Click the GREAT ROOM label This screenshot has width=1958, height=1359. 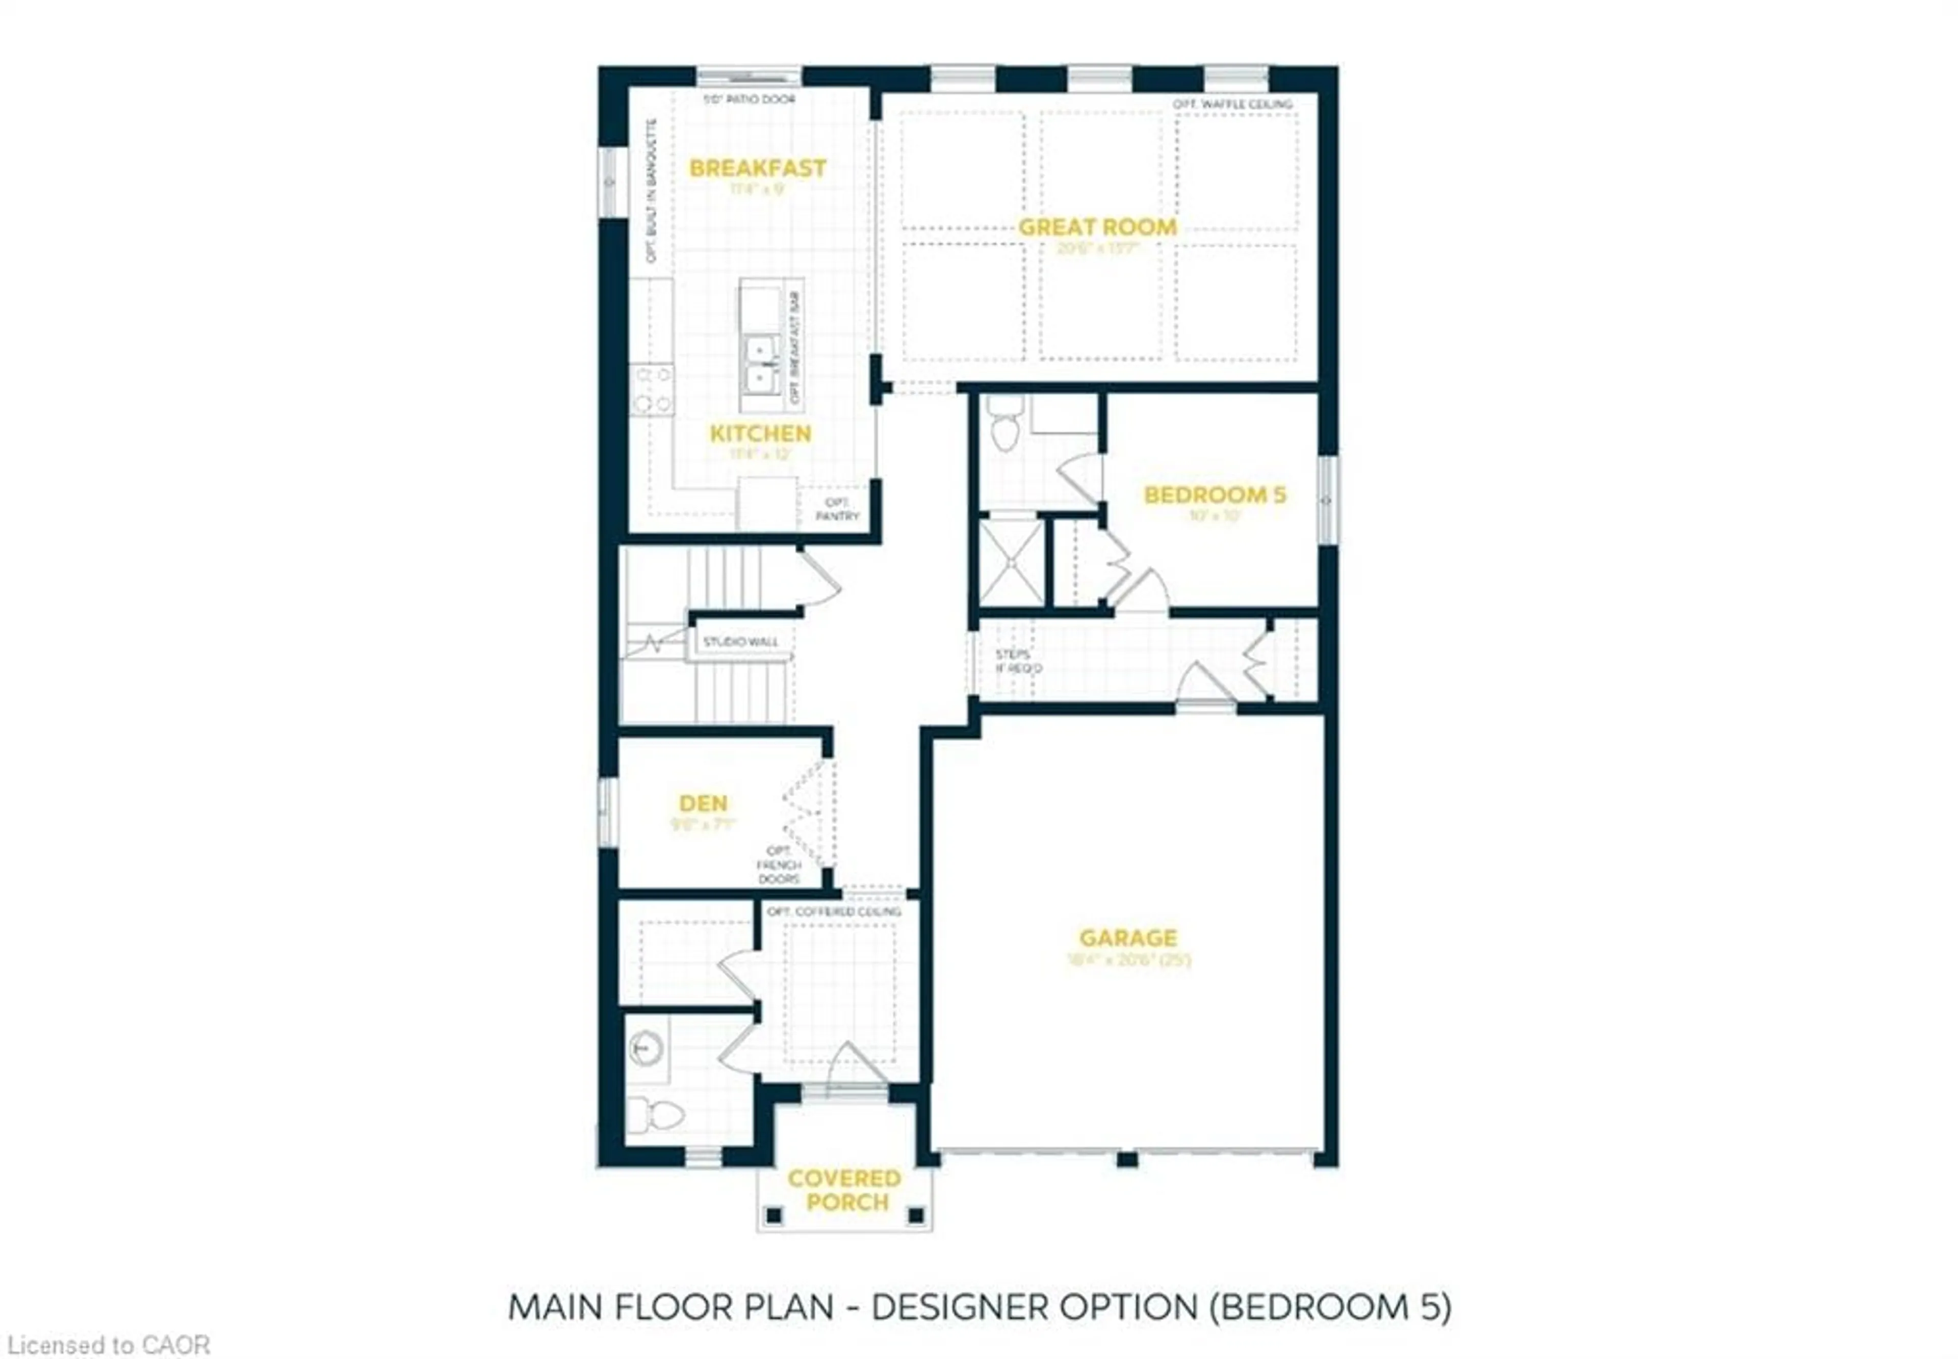pos(1097,227)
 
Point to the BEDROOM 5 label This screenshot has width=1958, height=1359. pos(1215,495)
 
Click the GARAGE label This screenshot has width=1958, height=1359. pos(1127,937)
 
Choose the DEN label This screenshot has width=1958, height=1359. pos(703,803)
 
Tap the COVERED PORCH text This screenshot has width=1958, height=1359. pos(844,1190)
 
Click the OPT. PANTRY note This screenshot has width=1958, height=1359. pos(837,509)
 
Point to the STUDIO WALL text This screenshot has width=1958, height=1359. pos(740,641)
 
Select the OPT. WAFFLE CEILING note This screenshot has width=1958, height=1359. pos(1232,104)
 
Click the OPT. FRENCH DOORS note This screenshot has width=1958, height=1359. pos(779,864)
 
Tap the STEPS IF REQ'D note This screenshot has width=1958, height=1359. pos(1018,661)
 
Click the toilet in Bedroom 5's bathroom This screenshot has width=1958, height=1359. pos(1006,425)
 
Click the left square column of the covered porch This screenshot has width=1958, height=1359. pos(774,1215)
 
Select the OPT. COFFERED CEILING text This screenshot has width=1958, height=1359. pos(834,911)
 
